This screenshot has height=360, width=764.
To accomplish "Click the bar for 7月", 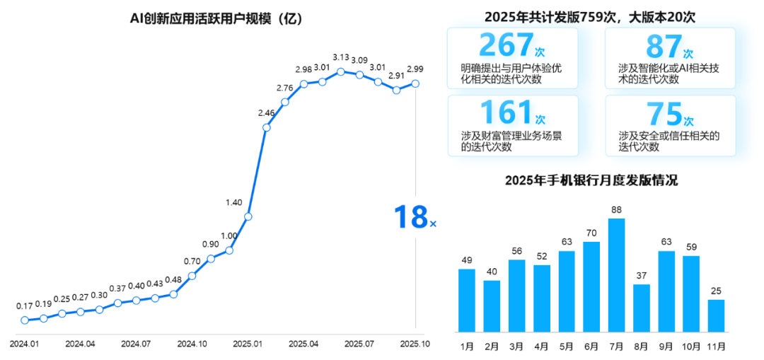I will (616, 274).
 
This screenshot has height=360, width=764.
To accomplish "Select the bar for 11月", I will (716, 315).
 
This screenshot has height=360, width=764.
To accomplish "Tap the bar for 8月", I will (641, 308).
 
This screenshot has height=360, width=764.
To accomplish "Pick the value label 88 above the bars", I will (616, 209).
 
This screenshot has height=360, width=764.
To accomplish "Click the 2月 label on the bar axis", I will (492, 346).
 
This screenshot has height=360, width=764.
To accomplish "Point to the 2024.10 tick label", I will (192, 344).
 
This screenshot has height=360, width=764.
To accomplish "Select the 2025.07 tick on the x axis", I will (359, 344).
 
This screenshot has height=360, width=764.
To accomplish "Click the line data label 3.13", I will (341, 57).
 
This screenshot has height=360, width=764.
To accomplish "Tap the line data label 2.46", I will (266, 113).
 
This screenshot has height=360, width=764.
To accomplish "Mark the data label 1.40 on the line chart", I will (233, 202).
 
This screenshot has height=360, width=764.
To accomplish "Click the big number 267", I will (505, 45).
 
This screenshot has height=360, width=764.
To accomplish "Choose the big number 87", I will (663, 46).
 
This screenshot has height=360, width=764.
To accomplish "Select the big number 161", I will (505, 113).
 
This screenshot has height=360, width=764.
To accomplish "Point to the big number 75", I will (664, 114).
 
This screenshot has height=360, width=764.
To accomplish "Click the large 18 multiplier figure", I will (410, 217).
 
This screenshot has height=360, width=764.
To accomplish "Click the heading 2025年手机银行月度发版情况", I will (591, 180).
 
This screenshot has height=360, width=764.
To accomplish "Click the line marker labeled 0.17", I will (25, 320).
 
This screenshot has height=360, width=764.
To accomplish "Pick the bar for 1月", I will (467, 300).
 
